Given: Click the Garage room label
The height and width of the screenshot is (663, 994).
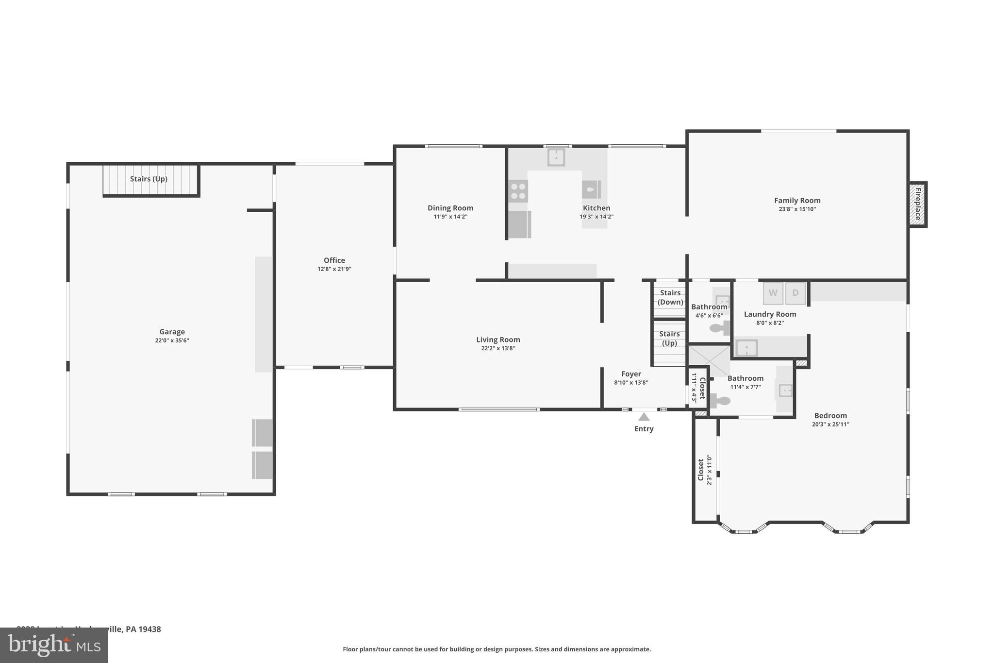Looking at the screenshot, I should pyautogui.click(x=172, y=332).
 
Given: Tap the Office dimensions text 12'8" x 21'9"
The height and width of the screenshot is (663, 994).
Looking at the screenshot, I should pyautogui.click(x=334, y=269).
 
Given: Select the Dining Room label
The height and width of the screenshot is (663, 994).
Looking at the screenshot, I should pyautogui.click(x=450, y=208).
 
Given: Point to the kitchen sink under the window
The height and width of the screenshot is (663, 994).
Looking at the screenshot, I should pyautogui.click(x=556, y=157).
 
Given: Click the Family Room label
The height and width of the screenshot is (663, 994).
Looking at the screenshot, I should pyautogui.click(x=797, y=200).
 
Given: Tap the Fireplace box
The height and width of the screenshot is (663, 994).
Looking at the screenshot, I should pyautogui.click(x=918, y=204).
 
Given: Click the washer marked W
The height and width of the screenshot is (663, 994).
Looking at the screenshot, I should pyautogui.click(x=773, y=293).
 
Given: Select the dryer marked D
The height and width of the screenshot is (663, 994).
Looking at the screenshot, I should pyautogui.click(x=795, y=293).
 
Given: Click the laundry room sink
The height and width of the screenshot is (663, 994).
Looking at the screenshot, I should pyautogui.click(x=746, y=348).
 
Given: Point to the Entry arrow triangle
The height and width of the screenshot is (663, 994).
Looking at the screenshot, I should pyautogui.click(x=644, y=417).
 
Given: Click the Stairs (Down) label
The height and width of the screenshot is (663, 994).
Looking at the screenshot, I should pyautogui.click(x=670, y=297).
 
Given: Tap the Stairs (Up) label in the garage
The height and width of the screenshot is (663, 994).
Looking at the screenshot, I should pyautogui.click(x=149, y=179).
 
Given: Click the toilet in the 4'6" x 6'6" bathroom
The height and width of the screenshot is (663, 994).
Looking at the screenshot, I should pyautogui.click(x=719, y=328).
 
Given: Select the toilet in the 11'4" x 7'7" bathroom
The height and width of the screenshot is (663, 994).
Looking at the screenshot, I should pyautogui.click(x=720, y=401).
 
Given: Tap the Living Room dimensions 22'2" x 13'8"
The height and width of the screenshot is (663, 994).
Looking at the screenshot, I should pyautogui.click(x=498, y=348).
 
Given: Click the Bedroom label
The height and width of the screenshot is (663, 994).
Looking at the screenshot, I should pyautogui.click(x=830, y=416).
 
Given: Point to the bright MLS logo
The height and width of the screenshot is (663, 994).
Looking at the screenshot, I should pyautogui.click(x=54, y=646).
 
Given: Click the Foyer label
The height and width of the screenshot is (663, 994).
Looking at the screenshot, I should pyautogui.click(x=631, y=374).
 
